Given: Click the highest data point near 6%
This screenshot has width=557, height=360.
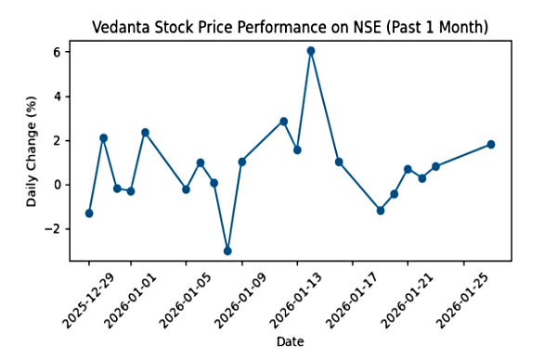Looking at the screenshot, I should [x=311, y=51].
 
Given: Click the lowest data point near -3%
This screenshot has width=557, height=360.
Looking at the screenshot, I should [x=227, y=251].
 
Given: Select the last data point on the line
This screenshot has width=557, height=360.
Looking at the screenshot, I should [x=491, y=145].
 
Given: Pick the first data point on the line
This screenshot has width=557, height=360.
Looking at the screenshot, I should [x=89, y=213].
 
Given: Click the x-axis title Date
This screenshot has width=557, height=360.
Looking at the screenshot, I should [x=290, y=342].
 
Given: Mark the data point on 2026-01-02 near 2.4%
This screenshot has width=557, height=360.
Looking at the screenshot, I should [x=145, y=133].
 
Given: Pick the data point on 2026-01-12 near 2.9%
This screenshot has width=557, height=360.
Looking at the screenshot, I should [x=283, y=122].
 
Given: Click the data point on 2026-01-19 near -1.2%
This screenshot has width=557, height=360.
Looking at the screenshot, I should [x=381, y=211].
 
